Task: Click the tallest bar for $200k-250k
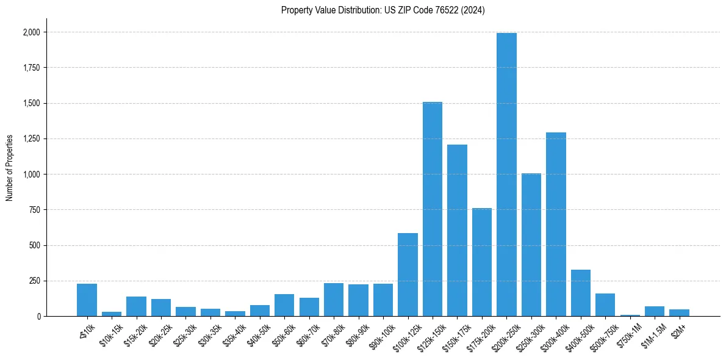click(506, 175)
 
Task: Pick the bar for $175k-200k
click(482, 262)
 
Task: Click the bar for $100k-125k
click(408, 275)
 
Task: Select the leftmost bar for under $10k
click(87, 300)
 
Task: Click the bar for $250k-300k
click(531, 245)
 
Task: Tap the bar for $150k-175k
click(457, 231)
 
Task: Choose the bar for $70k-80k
click(334, 300)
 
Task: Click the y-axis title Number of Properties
click(10, 168)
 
